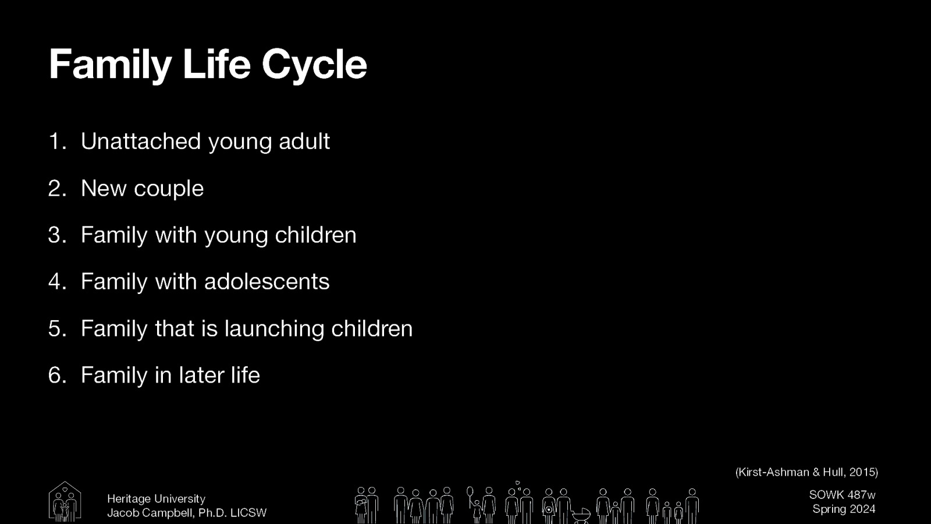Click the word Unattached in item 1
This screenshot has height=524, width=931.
point(140,141)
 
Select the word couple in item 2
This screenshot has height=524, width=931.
point(169,189)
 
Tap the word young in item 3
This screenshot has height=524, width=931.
point(236,236)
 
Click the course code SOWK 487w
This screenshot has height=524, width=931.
point(842,495)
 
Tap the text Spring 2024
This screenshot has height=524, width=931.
point(844,509)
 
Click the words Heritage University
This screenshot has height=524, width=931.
point(156,499)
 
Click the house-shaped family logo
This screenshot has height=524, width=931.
point(65,501)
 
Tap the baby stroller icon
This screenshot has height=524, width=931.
point(581,515)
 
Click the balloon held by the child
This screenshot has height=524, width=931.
point(470,493)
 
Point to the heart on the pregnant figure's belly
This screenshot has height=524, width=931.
point(548,510)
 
